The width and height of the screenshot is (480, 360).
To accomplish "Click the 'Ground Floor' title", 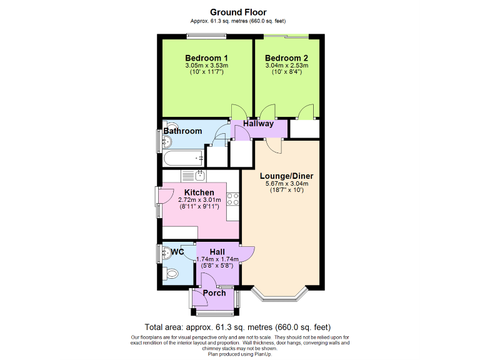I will click(x=238, y=12).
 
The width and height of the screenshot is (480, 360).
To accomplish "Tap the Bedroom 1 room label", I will click(x=207, y=58).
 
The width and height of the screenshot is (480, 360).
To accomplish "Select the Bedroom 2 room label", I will click(x=286, y=58).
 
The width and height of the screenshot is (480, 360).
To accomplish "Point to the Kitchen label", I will click(x=199, y=192).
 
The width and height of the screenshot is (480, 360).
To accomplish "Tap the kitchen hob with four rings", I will click(x=234, y=200).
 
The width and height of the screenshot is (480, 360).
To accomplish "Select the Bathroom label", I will click(x=182, y=131).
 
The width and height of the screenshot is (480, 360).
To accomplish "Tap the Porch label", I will click(x=214, y=293).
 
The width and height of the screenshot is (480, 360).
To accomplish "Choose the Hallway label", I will click(x=259, y=124).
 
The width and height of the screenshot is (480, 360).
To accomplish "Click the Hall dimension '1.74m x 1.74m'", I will click(x=217, y=259).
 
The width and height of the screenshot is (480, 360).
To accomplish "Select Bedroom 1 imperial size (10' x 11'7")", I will click(x=207, y=72).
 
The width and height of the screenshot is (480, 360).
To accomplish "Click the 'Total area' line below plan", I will click(x=237, y=327).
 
